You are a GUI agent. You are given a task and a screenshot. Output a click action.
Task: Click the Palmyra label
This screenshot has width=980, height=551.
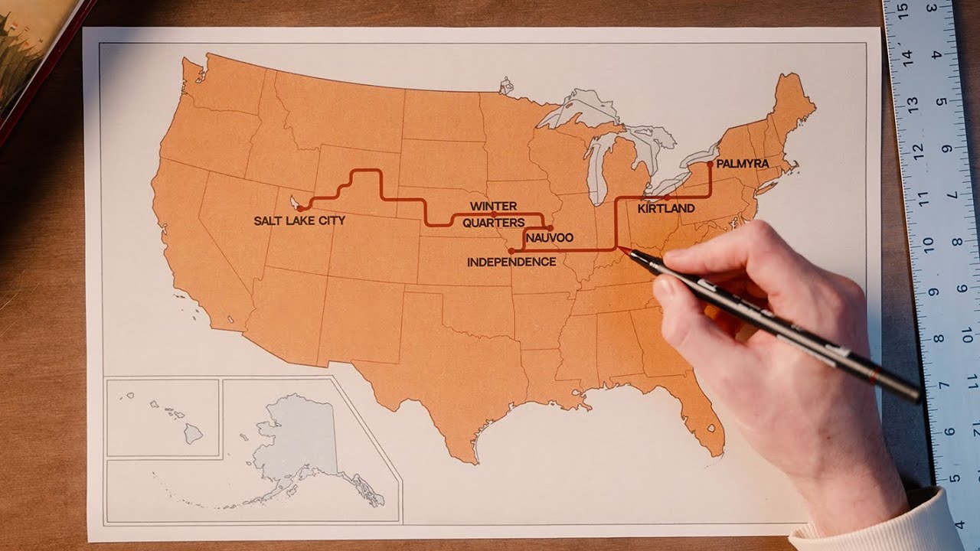[743, 164]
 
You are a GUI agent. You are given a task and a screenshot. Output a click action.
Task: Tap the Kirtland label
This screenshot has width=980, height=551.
[666, 208]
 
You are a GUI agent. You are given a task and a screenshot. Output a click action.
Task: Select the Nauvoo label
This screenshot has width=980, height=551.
[550, 239]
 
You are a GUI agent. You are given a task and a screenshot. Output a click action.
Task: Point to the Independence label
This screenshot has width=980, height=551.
[511, 262]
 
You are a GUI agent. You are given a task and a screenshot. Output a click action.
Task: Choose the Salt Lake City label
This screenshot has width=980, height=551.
[299, 220]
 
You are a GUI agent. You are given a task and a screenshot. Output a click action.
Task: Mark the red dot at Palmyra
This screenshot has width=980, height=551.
[710, 164]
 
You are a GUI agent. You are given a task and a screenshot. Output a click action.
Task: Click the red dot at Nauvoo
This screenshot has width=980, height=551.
[550, 227]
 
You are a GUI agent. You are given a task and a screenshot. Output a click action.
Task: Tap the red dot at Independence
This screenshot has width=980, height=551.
[511, 250]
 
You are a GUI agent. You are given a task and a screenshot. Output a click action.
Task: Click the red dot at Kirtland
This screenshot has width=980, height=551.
[668, 197]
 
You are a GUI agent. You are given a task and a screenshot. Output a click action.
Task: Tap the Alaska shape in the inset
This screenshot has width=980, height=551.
[299, 444]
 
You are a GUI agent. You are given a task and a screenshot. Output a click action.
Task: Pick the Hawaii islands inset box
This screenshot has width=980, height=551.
[163, 417]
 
